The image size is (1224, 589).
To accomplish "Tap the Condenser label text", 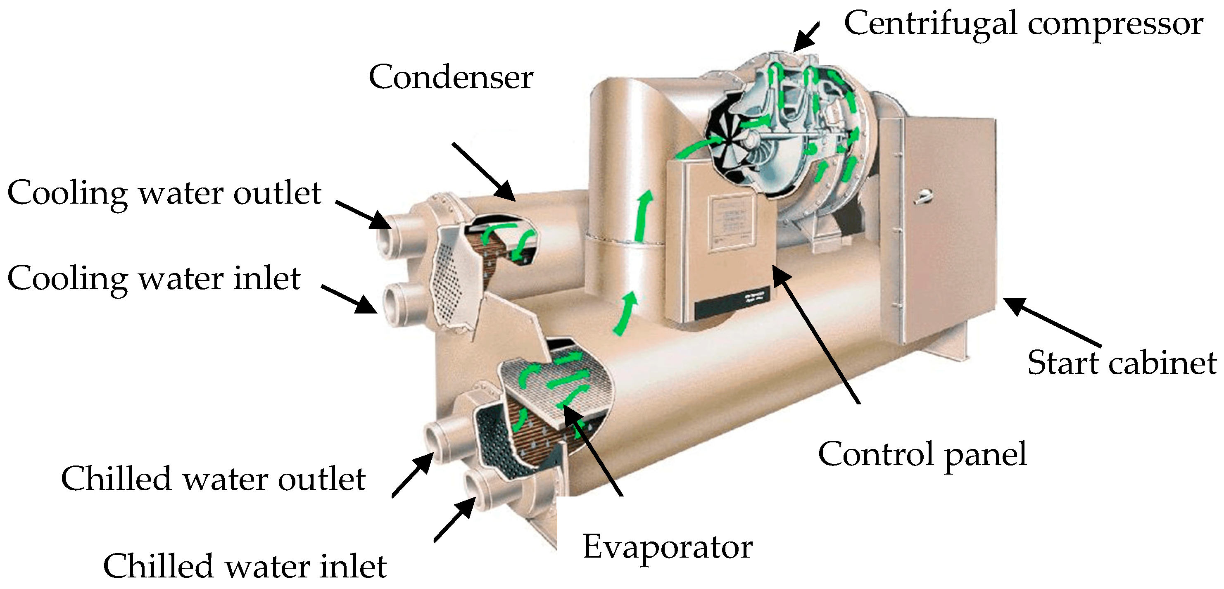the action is click(x=450, y=77).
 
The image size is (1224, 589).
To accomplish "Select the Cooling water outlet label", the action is click(x=164, y=193).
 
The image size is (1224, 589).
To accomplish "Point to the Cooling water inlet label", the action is click(x=154, y=279).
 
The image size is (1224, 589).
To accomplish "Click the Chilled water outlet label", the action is click(x=213, y=479).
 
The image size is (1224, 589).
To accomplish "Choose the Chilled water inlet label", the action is click(x=245, y=566).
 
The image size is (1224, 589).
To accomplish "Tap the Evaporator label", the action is click(x=667, y=547).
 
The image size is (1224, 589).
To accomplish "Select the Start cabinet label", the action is click(x=1122, y=363).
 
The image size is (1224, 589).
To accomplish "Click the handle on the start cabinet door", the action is click(x=923, y=196).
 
